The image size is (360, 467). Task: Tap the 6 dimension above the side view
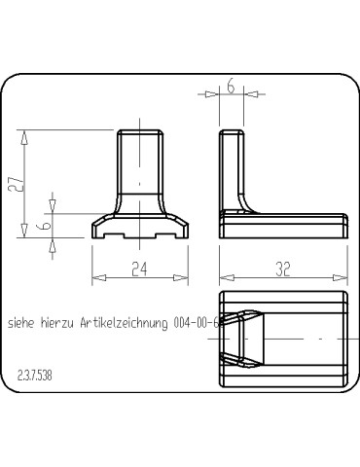click(231, 86)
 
